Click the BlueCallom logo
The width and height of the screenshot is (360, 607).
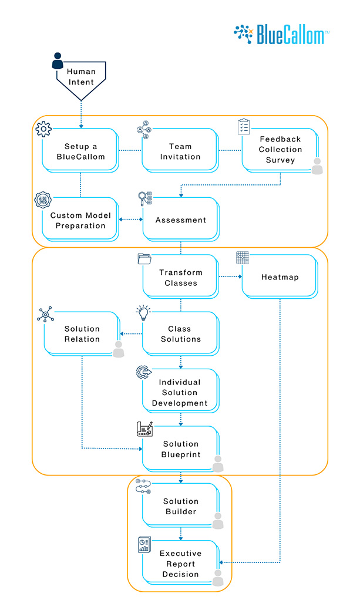click(x=281, y=34)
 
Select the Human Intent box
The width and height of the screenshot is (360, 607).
click(x=80, y=77)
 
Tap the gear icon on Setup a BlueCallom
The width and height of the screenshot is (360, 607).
click(x=44, y=129)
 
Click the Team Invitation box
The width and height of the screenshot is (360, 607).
click(x=180, y=151)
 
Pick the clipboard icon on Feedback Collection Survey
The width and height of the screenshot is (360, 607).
click(x=244, y=126)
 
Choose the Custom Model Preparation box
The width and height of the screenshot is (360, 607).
click(x=80, y=220)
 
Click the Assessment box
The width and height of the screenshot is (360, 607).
click(x=180, y=220)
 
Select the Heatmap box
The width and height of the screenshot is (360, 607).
click(x=280, y=277)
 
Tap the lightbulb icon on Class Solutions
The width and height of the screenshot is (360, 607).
click(x=143, y=313)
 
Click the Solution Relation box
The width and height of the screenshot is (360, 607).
click(x=82, y=334)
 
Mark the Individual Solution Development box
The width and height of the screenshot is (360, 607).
click(x=180, y=392)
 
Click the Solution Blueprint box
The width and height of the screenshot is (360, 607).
click(x=180, y=449)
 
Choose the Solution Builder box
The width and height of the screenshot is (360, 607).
click(x=180, y=506)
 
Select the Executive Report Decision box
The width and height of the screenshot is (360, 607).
click(x=180, y=564)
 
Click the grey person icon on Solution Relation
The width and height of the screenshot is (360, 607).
click(x=119, y=349)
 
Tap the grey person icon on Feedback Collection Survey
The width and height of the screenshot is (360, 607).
click(x=317, y=167)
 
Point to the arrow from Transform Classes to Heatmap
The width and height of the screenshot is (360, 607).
click(x=230, y=276)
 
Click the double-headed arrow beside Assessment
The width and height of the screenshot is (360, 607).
click(x=130, y=220)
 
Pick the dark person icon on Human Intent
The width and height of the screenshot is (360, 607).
click(x=58, y=61)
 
